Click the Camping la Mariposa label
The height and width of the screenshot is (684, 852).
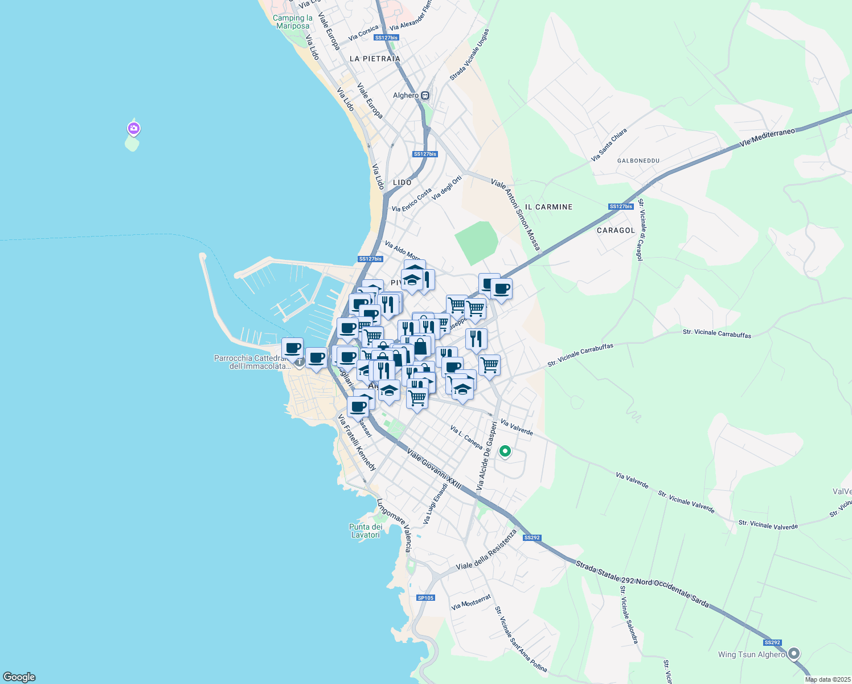(x=292, y=22)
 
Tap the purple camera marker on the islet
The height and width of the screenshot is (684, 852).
(x=133, y=129)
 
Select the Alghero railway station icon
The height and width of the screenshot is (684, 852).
(x=425, y=96)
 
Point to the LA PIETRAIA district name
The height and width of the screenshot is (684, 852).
(x=375, y=59)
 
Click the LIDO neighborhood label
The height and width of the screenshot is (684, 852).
(x=402, y=182)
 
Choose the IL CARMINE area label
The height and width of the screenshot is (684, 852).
(x=548, y=207)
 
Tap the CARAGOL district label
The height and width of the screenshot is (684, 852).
(x=616, y=230)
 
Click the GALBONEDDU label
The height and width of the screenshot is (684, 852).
(x=638, y=161)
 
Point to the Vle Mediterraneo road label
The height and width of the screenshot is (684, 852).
(x=767, y=137)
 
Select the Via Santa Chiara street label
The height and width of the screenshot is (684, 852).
(x=609, y=145)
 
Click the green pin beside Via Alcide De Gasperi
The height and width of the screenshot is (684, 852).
(x=505, y=451)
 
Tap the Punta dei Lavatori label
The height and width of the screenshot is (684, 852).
(x=366, y=531)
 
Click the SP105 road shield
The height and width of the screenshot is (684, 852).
(x=425, y=598)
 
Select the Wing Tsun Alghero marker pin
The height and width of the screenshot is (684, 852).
(x=794, y=654)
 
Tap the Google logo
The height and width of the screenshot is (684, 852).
(x=19, y=677)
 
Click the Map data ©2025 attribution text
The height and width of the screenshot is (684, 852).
(x=827, y=679)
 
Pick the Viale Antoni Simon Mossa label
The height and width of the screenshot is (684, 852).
(x=515, y=214)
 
